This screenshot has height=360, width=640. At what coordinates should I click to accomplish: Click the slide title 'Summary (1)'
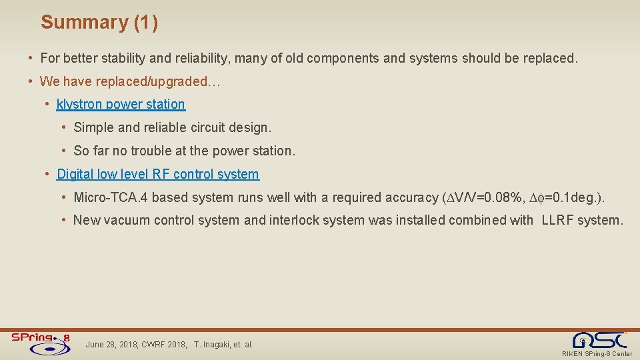coord(99,22)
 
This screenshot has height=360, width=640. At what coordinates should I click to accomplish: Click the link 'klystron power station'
coord(121,104)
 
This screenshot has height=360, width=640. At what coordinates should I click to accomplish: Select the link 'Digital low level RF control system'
coord(157,174)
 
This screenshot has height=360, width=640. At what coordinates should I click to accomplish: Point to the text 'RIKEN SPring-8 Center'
coord(597,354)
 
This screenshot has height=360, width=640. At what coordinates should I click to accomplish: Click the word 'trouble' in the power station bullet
coord(150,151)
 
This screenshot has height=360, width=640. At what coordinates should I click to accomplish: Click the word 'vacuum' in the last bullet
coord(123,220)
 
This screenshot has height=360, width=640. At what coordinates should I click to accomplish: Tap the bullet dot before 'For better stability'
coord(31,58)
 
